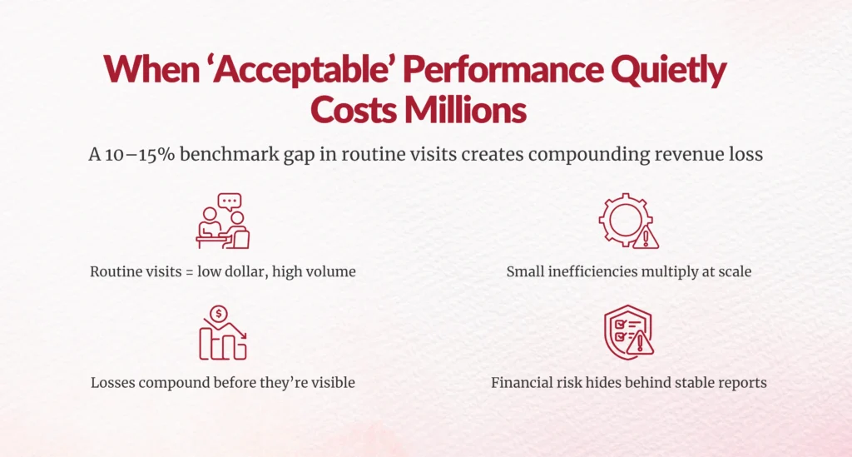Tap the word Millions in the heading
(x=462, y=110)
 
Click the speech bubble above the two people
(x=230, y=201)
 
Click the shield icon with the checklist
(x=623, y=333)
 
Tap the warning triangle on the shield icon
(x=641, y=343)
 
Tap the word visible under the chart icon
(x=331, y=383)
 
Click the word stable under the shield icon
(x=696, y=383)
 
